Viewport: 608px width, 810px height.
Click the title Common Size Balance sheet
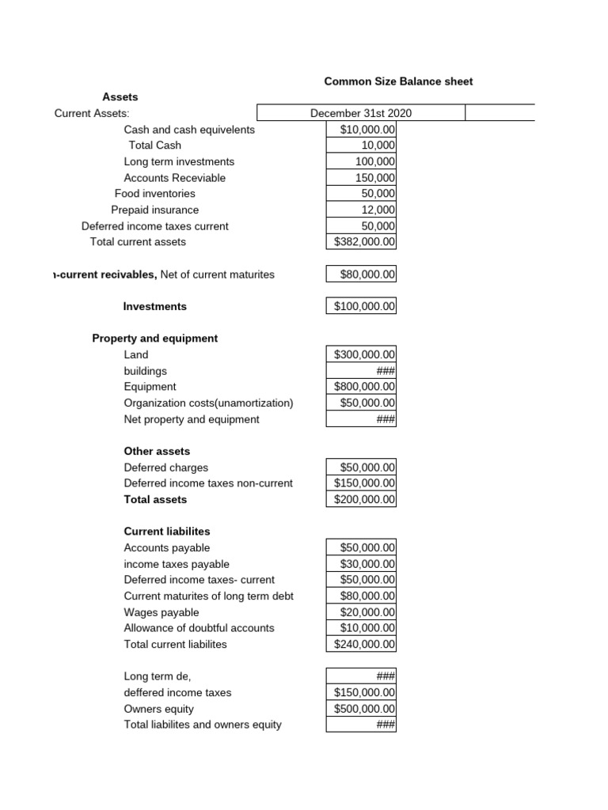(x=398, y=81)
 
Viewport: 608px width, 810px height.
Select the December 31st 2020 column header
(x=360, y=113)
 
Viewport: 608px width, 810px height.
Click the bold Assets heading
(x=120, y=97)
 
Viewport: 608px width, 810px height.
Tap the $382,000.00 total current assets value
(x=361, y=242)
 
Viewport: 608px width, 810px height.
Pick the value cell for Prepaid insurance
(x=361, y=210)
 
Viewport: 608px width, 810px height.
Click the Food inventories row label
(x=154, y=193)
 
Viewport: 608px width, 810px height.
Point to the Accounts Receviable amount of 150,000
(x=361, y=178)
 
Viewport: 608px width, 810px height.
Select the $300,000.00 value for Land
(x=361, y=355)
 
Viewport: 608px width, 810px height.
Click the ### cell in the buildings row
(x=361, y=371)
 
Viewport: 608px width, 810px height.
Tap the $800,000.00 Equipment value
(x=361, y=387)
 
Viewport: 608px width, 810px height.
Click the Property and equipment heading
(x=155, y=338)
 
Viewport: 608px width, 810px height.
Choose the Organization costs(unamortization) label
(x=208, y=403)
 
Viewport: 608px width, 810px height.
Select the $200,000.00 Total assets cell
(x=361, y=500)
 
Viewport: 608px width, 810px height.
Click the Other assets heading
(x=157, y=451)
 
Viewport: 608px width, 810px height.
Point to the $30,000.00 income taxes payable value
(x=361, y=564)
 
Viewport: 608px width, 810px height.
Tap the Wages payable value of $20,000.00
(x=361, y=612)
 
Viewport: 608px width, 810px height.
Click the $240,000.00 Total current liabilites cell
(x=361, y=645)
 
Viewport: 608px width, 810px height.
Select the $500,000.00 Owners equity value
(x=361, y=709)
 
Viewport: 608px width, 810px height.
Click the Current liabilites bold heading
(x=167, y=531)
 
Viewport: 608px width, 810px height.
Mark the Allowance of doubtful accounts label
(x=199, y=628)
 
